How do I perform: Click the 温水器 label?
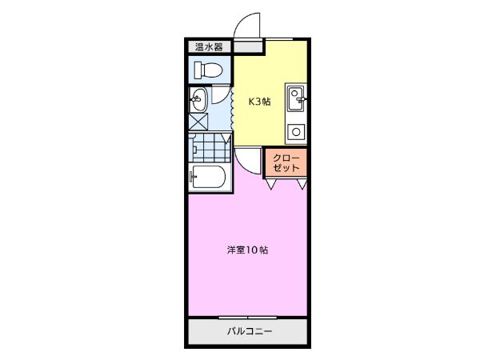[209, 47]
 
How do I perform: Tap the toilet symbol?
[208, 70]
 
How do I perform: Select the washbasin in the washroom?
[198, 100]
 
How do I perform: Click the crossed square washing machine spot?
[198, 122]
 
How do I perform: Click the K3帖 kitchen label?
[259, 102]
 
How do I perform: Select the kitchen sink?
[295, 98]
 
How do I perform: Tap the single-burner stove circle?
[296, 132]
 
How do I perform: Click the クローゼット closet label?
[286, 163]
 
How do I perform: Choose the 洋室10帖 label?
[247, 250]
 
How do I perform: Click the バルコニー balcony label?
[250, 331]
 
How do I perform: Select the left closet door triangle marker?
[271, 184]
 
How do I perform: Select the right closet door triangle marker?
[302, 184]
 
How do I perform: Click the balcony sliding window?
[248, 318]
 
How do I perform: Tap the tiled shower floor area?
[210, 147]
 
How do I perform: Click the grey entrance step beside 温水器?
[248, 47]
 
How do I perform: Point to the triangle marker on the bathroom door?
[226, 138]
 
